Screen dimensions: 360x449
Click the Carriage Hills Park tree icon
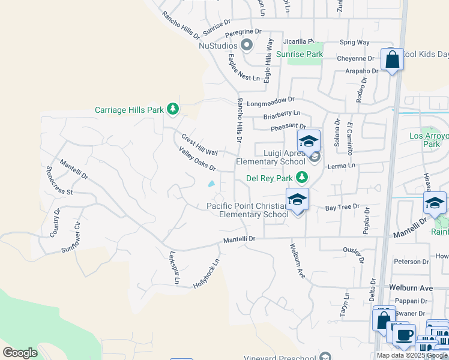point(173,109)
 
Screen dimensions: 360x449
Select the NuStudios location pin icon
point(246,45)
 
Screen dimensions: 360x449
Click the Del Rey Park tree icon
point(302,177)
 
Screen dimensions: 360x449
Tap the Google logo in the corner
point(20,352)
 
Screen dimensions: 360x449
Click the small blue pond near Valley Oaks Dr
point(211,184)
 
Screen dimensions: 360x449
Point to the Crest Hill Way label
point(199,145)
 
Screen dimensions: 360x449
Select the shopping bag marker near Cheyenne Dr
point(392,61)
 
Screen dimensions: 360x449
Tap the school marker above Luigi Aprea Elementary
point(309,142)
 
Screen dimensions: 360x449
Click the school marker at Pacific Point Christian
point(297,200)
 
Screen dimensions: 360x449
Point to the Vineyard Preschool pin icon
point(325,356)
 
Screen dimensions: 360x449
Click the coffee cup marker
point(405,334)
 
